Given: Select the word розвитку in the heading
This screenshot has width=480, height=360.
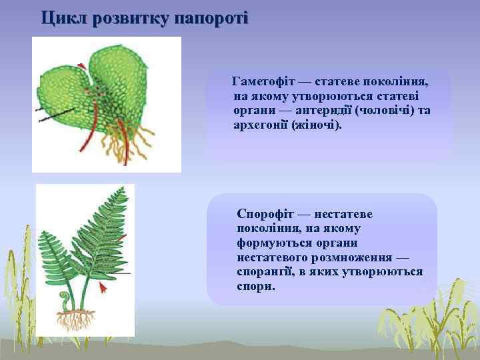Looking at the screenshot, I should tap(131, 17).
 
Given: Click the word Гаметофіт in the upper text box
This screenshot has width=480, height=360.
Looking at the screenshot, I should tap(262, 81).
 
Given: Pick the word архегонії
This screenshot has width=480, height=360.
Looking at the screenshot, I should tap(261, 125).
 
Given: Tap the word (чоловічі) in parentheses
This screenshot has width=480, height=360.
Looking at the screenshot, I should tap(385, 110).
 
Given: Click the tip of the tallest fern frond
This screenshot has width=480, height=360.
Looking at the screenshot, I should tap(124, 189).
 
